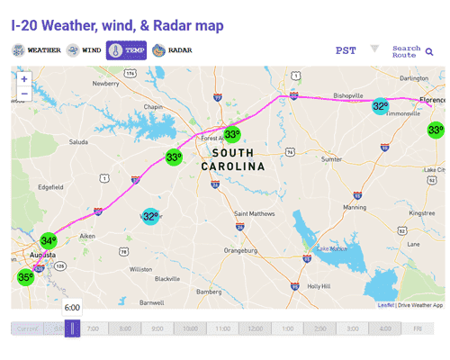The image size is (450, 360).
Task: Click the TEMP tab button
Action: tap(127, 50)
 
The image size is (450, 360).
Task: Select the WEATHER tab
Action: tap(37, 50)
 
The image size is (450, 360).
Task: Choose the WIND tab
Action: tap(85, 50)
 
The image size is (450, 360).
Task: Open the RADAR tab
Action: tap(171, 50)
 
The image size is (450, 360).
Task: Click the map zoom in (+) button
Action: tap(24, 78)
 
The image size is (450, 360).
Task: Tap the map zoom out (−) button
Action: tap(24, 93)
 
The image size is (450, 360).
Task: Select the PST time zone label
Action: tap(346, 51)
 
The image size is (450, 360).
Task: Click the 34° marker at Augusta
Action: tap(48, 241)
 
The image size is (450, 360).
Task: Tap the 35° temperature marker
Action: tap(25, 277)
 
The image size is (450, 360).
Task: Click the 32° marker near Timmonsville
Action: tap(381, 106)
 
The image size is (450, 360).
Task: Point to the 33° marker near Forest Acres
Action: tap(232, 135)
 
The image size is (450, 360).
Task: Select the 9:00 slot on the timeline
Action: tap(157, 328)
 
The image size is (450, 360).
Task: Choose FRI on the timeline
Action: tap(418, 328)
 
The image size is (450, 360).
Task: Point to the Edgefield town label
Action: tap(49, 187)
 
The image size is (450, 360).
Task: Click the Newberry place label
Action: tap(105, 84)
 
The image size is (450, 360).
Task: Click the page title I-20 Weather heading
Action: tap(117, 24)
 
